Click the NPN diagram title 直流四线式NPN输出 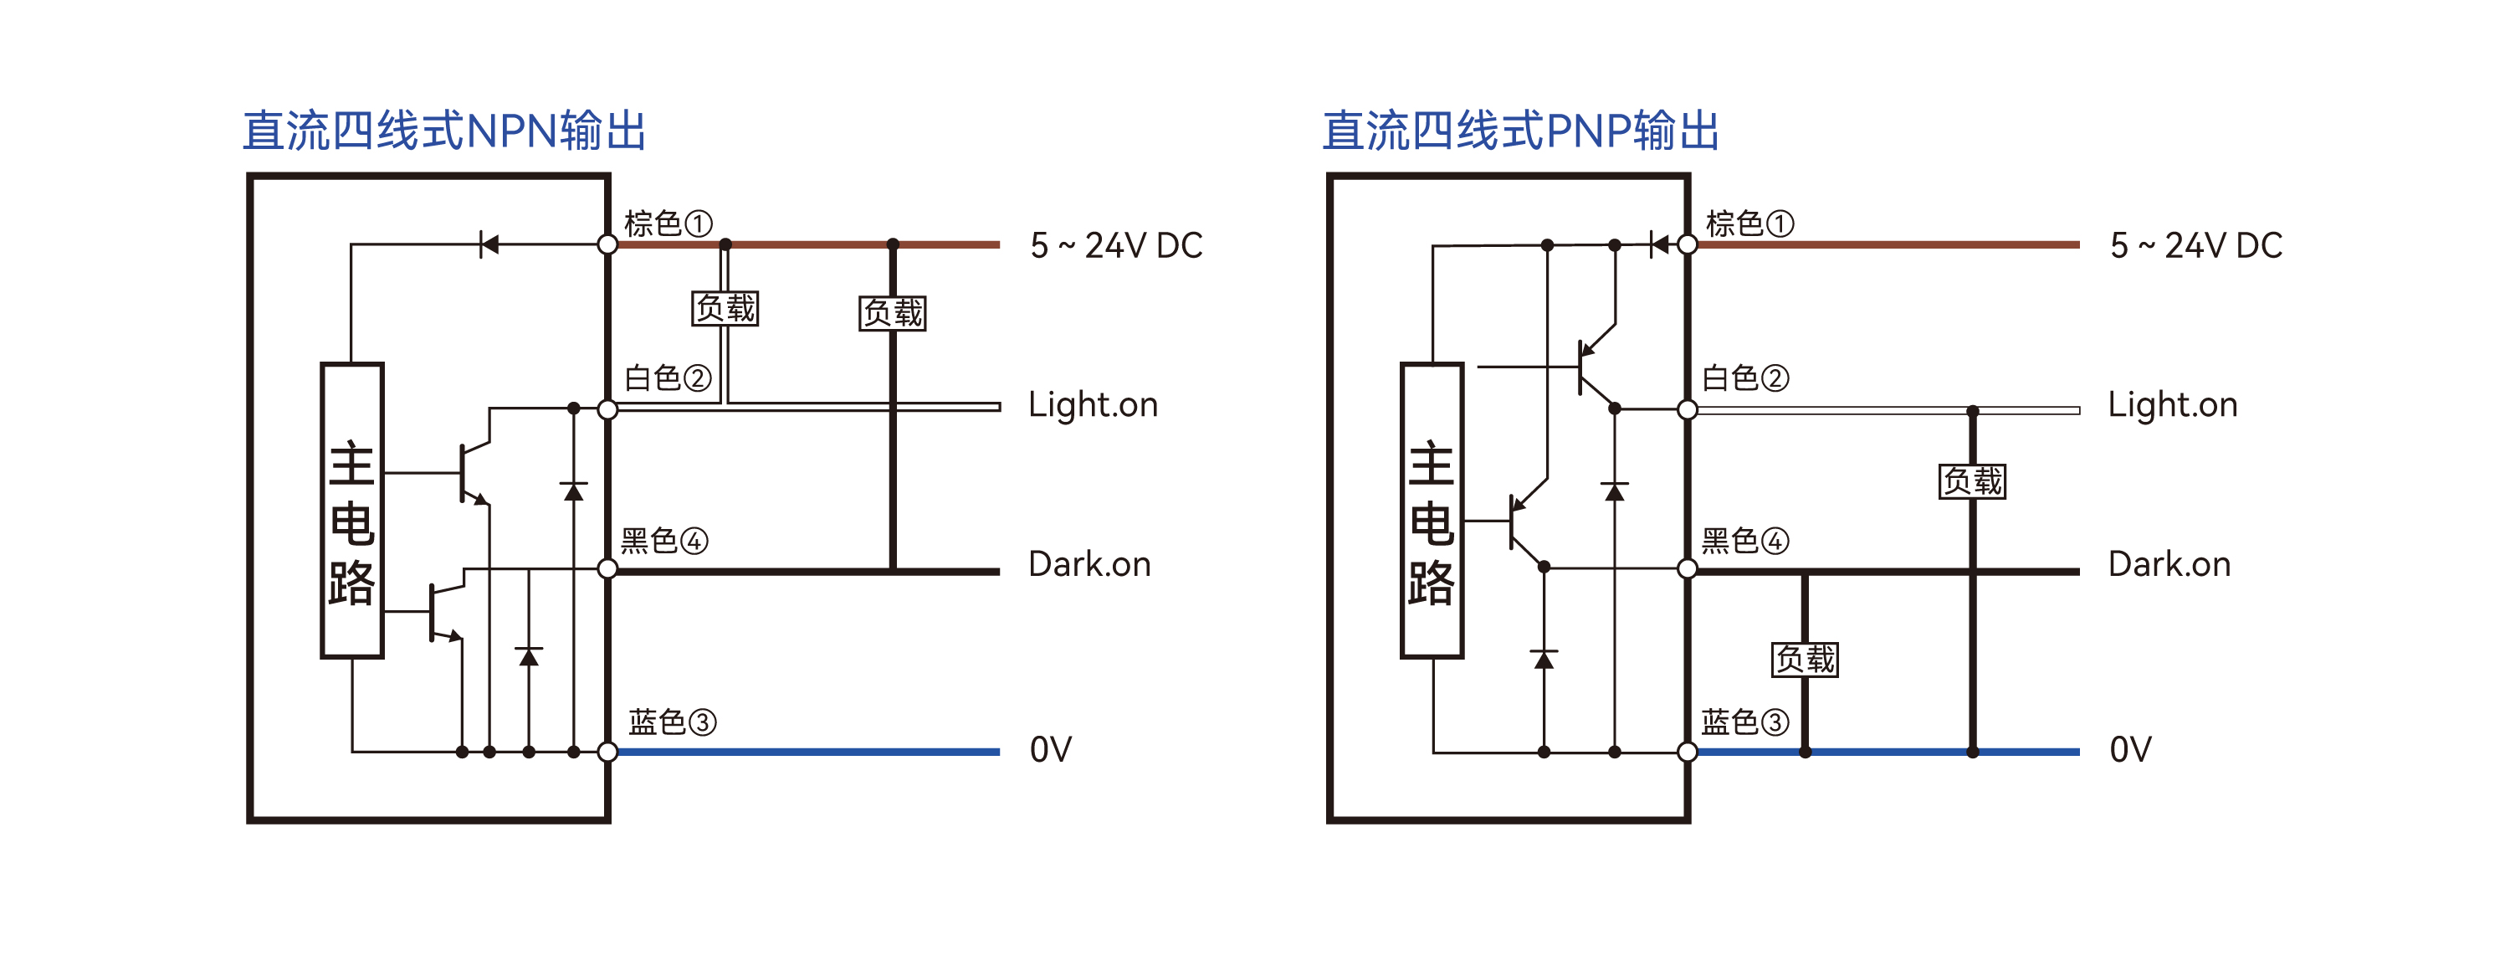(x=444, y=131)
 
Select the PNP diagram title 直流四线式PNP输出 (x=1521, y=131)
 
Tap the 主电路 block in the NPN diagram (x=351, y=511)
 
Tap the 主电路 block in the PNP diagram (x=1432, y=511)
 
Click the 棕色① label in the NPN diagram (x=668, y=223)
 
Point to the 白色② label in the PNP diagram (x=1745, y=378)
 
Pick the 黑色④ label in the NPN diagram (x=664, y=540)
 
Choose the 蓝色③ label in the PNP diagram (x=1745, y=722)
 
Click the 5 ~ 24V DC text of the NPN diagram (x=1117, y=245)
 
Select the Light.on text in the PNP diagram (x=2173, y=404)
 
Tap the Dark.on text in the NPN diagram (x=1089, y=564)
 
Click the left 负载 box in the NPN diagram (x=725, y=308)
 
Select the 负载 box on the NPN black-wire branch (x=893, y=313)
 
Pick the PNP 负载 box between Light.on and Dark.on (x=1972, y=481)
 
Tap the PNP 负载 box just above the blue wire (x=1805, y=660)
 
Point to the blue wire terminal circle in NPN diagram (x=607, y=752)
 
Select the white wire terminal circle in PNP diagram (x=1688, y=409)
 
